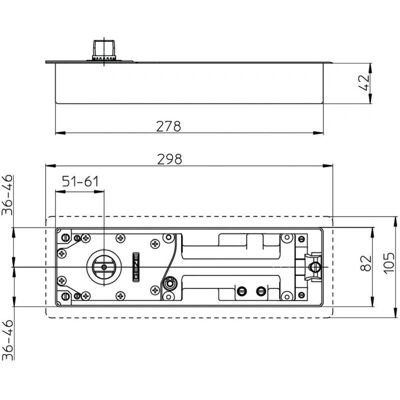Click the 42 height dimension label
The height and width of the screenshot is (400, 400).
coord(365,82)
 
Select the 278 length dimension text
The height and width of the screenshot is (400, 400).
coord(169,127)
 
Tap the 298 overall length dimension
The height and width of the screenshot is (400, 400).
coord(170,159)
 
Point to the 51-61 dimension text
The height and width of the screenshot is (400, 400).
coord(80,182)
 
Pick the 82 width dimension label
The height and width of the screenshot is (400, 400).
coord(366,263)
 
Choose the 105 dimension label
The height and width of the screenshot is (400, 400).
coord(389,263)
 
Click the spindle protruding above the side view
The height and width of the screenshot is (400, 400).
coord(105,50)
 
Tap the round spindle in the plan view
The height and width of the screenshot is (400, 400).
coord(104,267)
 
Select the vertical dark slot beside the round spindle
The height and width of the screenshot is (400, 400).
coord(136,267)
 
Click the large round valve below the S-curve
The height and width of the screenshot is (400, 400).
coord(170,284)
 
